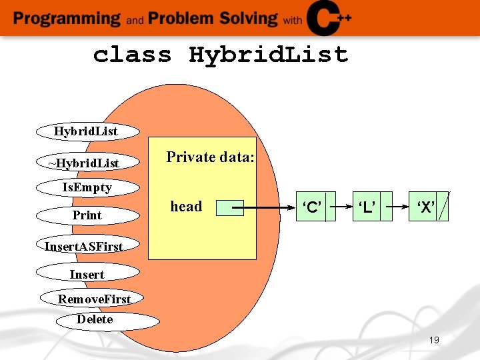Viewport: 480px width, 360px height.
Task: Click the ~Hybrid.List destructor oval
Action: click(87, 163)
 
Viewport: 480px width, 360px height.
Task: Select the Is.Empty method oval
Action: click(87, 187)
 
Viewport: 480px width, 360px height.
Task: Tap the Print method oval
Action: click(87, 215)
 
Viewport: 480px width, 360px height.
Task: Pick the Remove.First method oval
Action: click(94, 299)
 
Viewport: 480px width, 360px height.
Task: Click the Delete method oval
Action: click(108, 321)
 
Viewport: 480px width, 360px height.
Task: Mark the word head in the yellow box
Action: click(186, 207)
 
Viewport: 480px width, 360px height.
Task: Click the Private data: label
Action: click(210, 157)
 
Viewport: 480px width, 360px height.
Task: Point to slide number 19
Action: click(434, 341)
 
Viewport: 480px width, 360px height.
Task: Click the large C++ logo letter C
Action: click(325, 18)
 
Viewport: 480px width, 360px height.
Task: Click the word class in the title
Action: click(132, 55)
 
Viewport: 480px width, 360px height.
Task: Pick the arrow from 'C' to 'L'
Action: click(343, 207)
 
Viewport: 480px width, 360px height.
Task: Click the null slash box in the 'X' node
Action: click(444, 207)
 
